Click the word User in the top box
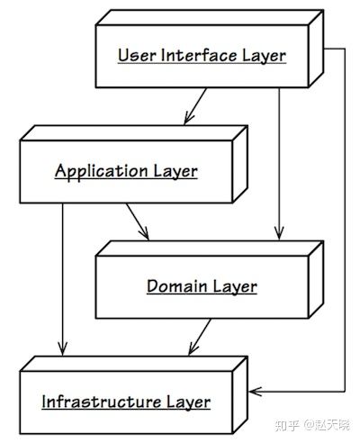(137, 55)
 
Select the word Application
(102, 172)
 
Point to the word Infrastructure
(102, 402)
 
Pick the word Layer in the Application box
(175, 172)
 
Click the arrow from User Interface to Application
(195, 106)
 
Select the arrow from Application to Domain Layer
(138, 221)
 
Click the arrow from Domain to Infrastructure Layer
(200, 337)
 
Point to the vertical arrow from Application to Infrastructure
(63, 279)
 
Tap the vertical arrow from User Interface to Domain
(279, 164)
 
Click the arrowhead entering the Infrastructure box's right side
(255, 392)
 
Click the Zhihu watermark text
(312, 425)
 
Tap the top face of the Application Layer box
(134, 133)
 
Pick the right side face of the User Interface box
(316, 49)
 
